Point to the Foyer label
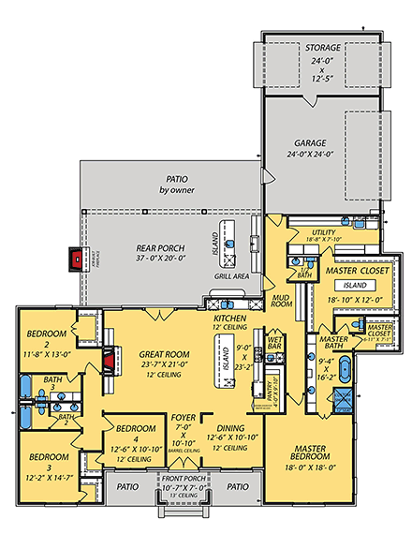(x=184, y=423)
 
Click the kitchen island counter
(x=225, y=356)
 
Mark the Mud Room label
(x=282, y=301)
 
